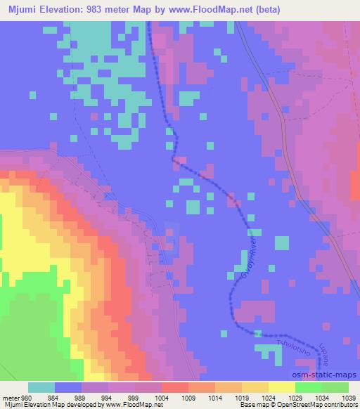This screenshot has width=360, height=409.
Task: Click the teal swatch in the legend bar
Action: point(41,387)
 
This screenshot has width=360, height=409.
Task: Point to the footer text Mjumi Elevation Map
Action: point(31,405)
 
